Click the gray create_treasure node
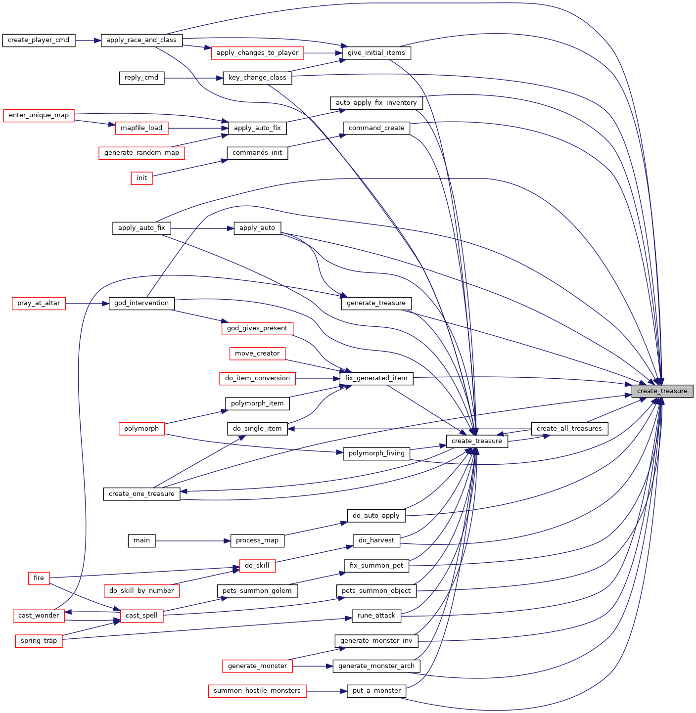(662, 391)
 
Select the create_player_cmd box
(39, 41)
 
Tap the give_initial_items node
(376, 53)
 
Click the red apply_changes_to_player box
(257, 53)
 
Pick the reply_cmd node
(141, 78)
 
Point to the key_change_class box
(257, 78)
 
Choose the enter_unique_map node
(39, 115)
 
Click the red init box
(141, 178)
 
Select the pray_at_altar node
(39, 304)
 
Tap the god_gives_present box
(257, 328)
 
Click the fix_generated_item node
(376, 378)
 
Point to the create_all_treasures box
(569, 429)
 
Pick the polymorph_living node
(376, 453)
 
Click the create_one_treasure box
(141, 494)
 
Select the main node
(141, 540)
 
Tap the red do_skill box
(257, 565)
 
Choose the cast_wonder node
(39, 616)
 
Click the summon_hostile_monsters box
(257, 691)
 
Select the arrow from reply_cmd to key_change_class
(193, 78)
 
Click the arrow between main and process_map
(193, 541)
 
